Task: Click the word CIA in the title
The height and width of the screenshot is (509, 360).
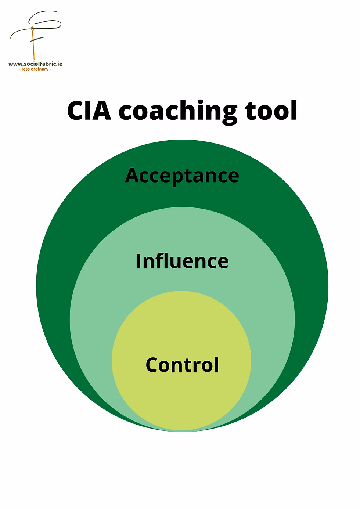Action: pos(89,111)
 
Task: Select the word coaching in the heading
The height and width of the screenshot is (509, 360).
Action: pos(177,111)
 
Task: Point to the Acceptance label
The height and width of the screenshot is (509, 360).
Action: pos(182,176)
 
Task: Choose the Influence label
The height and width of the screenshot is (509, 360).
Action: pos(182,261)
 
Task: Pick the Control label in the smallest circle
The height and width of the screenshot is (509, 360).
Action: pos(182,365)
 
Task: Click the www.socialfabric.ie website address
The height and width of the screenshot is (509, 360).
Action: pos(35,64)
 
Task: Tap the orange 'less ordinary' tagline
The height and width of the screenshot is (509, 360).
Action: pos(35,69)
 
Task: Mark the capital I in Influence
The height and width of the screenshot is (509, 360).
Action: pos(139,261)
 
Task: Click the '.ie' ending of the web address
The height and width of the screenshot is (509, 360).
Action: pos(59,64)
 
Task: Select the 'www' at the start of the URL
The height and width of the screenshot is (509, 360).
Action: pos(14,64)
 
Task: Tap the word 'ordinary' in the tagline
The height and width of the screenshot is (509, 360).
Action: pos(40,69)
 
